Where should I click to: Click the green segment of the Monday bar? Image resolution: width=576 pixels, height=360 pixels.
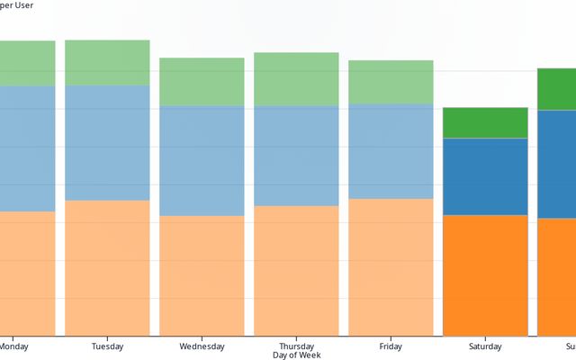click(x=27, y=63)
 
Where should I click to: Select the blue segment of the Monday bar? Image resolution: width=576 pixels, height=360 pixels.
click(x=27, y=148)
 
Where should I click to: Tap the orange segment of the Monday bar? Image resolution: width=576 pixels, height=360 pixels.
click(x=27, y=274)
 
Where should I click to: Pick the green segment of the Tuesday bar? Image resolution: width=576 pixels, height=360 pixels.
click(x=107, y=62)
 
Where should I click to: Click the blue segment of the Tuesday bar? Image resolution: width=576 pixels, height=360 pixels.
click(x=107, y=142)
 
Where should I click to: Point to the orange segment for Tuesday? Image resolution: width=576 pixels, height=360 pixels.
click(x=107, y=268)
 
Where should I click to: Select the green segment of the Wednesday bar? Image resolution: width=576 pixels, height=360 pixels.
click(x=202, y=82)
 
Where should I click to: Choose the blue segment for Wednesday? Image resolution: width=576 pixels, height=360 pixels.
click(x=202, y=161)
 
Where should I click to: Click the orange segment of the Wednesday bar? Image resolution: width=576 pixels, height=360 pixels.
click(x=202, y=275)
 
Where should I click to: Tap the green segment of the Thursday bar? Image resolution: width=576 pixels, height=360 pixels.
click(x=296, y=79)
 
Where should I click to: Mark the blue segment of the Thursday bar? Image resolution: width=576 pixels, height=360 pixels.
click(x=296, y=156)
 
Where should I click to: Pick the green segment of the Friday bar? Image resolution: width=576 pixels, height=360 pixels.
click(x=391, y=82)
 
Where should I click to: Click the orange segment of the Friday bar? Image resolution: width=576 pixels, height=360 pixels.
click(x=391, y=267)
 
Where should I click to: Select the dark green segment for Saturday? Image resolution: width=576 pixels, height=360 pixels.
click(x=485, y=122)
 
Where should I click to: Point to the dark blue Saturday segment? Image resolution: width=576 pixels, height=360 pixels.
click(x=485, y=176)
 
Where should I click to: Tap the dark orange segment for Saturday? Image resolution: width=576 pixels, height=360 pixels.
click(x=485, y=275)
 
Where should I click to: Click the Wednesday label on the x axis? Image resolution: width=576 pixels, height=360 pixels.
click(x=202, y=346)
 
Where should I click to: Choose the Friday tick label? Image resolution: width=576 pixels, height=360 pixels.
click(x=391, y=346)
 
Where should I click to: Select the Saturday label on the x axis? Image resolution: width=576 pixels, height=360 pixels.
click(x=485, y=346)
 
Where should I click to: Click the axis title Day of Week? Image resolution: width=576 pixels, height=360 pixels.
click(x=296, y=355)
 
